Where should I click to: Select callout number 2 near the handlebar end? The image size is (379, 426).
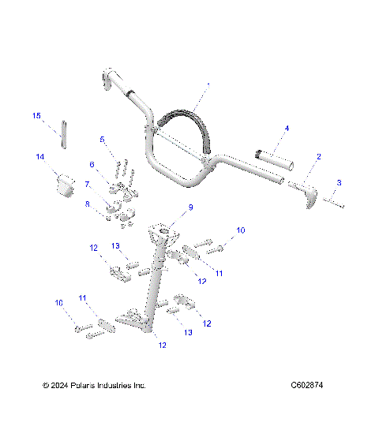coord(318,157)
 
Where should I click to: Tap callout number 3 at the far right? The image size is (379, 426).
coord(339,182)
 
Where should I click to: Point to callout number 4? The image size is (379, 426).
coord(287,128)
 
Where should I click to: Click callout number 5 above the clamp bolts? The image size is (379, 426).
coord(102,139)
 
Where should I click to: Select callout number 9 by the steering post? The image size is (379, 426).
coord(189,207)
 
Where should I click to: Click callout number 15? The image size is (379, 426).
coord(36,116)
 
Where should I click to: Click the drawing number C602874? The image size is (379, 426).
coord(307,386)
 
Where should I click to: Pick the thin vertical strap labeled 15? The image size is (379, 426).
coord(64,132)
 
